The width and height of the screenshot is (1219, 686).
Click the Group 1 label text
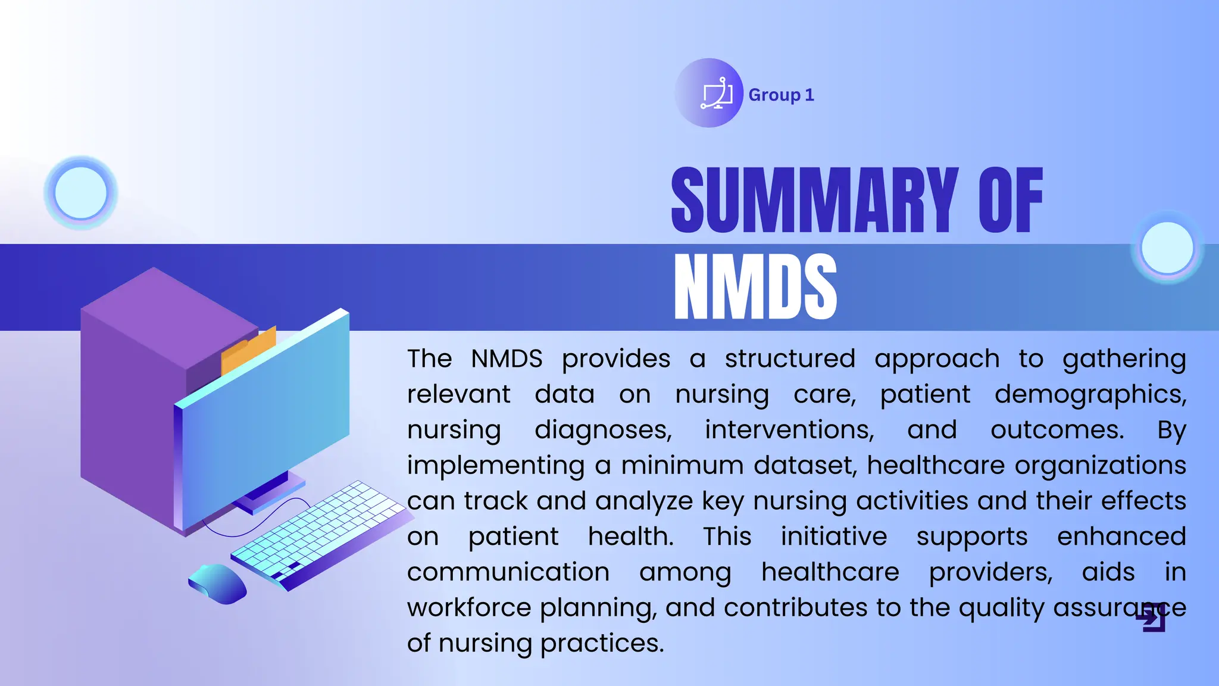click(781, 95)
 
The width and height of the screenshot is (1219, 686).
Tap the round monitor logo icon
click(709, 93)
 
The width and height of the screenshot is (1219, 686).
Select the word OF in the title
click(1010, 201)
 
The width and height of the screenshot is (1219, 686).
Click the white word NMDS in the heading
click(755, 286)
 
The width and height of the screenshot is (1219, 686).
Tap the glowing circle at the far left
click(80, 193)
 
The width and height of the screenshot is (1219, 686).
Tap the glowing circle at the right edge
click(1167, 248)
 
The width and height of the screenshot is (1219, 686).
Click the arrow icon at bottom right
click(1152, 619)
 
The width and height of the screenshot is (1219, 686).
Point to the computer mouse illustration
click(218, 584)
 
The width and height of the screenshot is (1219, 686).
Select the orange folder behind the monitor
click(249, 350)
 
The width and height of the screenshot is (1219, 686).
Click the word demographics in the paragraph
click(1090, 395)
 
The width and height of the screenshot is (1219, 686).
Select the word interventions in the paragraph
click(789, 430)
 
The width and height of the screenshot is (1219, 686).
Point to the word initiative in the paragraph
click(833, 537)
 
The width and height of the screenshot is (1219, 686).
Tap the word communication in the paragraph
click(508, 572)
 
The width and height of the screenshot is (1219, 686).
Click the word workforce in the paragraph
click(468, 608)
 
